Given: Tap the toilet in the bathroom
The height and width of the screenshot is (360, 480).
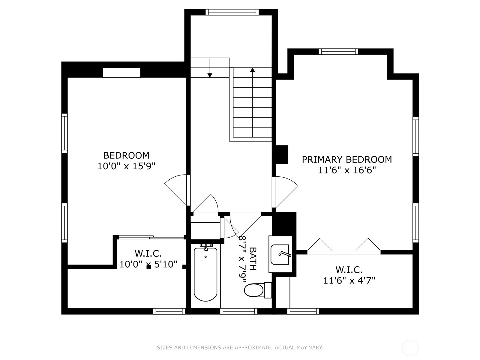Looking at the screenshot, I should (254, 290).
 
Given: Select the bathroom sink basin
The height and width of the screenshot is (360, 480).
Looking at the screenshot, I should (280, 254).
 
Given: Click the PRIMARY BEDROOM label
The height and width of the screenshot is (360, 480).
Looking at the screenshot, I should (347, 159).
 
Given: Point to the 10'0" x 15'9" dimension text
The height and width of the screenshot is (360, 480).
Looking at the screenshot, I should (126, 166).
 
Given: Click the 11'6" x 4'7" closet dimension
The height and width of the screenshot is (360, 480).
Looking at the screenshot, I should (349, 280).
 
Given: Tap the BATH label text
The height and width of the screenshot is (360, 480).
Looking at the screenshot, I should (253, 259).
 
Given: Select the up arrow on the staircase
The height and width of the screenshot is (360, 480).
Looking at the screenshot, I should (253, 70).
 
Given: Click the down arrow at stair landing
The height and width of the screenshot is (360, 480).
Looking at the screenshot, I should (210, 75).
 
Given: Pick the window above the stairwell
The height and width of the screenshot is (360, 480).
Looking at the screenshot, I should (232, 12).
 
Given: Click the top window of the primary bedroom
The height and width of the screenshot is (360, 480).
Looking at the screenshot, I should (338, 52).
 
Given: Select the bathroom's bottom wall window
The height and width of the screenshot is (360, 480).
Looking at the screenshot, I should (239, 311).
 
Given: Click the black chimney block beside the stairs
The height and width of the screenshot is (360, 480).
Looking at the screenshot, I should (282, 154).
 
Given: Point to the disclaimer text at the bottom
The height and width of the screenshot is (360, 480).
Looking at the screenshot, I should (240, 348).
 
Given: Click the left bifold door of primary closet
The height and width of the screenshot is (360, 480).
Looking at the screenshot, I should (319, 244).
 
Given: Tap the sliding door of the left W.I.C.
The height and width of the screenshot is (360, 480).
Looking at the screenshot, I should (151, 237).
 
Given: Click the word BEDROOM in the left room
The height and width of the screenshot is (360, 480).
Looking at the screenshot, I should (126, 155).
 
